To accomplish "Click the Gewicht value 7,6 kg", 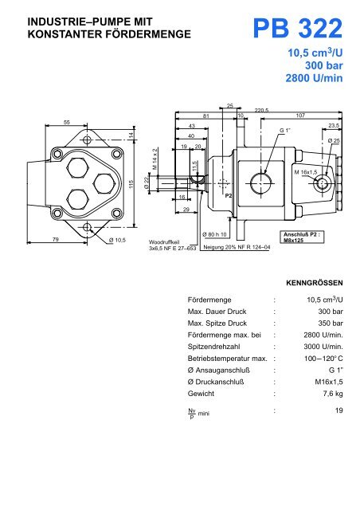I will pyautogui.click(x=329, y=394).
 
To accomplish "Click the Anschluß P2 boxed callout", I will pyautogui.click(x=295, y=237).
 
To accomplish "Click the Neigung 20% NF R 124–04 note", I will pyautogui.click(x=237, y=248).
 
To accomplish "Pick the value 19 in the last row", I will pyautogui.click(x=336, y=411).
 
